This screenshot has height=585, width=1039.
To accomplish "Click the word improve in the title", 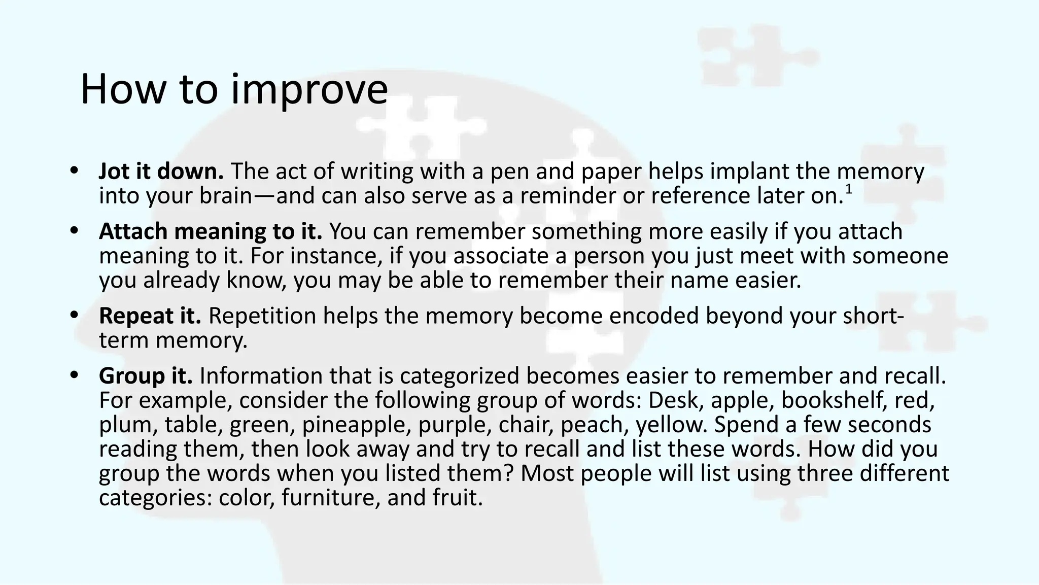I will coord(309,90).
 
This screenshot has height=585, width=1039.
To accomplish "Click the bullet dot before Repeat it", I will coord(75,316).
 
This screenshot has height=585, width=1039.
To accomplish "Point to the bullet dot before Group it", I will coord(75,375).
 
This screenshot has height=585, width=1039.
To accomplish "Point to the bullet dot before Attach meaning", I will coord(75,231).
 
